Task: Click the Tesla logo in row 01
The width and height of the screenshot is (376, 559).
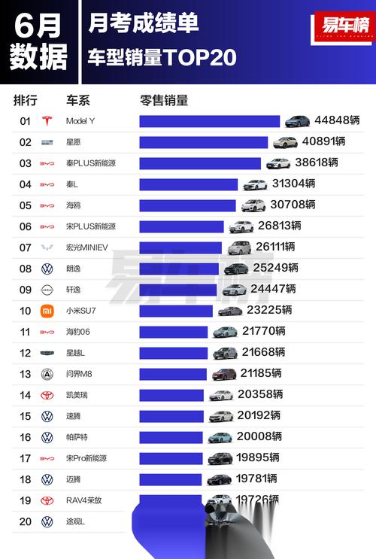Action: (47, 121)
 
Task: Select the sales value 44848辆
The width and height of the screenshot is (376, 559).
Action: (337, 120)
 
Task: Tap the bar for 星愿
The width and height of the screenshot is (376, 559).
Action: (203, 142)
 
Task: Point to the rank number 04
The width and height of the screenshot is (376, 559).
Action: (25, 184)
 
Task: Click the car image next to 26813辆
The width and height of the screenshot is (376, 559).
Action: (241, 226)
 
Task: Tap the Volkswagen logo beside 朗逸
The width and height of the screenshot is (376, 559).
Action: (47, 269)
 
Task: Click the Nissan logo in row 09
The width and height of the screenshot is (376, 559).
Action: (47, 290)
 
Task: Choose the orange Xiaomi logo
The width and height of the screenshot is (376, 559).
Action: (47, 311)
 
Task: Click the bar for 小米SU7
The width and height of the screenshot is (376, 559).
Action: (176, 311)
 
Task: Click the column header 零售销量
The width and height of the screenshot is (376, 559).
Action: (163, 100)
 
